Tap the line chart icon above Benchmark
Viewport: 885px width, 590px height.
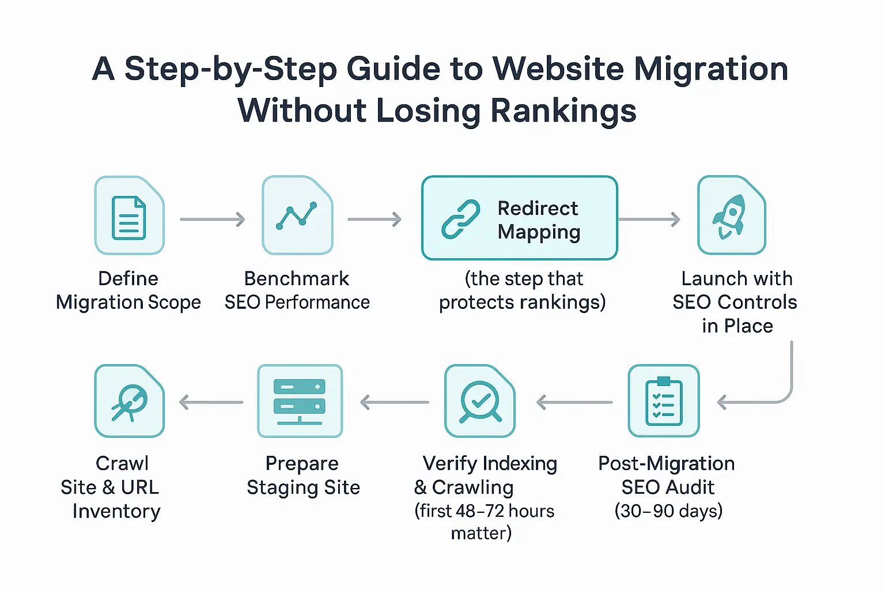(x=297, y=216)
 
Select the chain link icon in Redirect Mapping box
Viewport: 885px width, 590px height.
(x=461, y=220)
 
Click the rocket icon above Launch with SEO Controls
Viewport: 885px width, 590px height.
(x=731, y=216)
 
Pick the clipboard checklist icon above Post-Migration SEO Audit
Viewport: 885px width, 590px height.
(x=664, y=402)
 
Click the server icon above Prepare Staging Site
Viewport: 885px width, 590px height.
(x=300, y=402)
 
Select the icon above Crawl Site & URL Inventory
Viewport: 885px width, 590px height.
(x=130, y=402)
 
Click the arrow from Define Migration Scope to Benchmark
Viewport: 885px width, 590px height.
(x=213, y=220)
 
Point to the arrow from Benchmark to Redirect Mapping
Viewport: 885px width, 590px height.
(x=375, y=220)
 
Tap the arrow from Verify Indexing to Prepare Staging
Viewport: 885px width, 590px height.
(x=395, y=402)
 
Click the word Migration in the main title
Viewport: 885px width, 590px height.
(x=711, y=69)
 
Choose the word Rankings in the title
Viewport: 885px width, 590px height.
(x=563, y=111)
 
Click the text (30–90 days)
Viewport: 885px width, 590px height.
(x=668, y=511)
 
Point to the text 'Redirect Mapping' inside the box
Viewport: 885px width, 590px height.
(x=539, y=220)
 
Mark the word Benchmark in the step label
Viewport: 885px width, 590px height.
(x=297, y=279)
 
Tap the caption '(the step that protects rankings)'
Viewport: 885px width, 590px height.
(x=523, y=290)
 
